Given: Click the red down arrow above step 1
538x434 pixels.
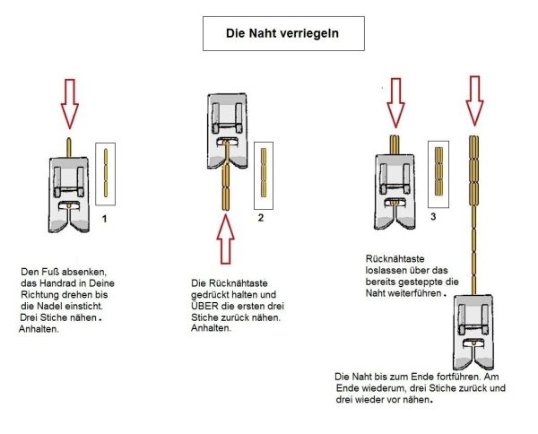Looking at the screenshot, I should [x=67, y=100].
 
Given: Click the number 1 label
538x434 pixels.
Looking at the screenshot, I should [x=106, y=217].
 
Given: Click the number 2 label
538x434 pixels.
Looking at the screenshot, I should [x=260, y=218].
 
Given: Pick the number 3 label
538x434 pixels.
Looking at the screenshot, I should [x=433, y=217].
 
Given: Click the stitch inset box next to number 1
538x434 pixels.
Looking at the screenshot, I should [x=106, y=170].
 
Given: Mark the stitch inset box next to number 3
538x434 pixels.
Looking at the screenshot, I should [x=438, y=169].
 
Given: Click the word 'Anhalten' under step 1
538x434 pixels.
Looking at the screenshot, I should [x=38, y=329].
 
